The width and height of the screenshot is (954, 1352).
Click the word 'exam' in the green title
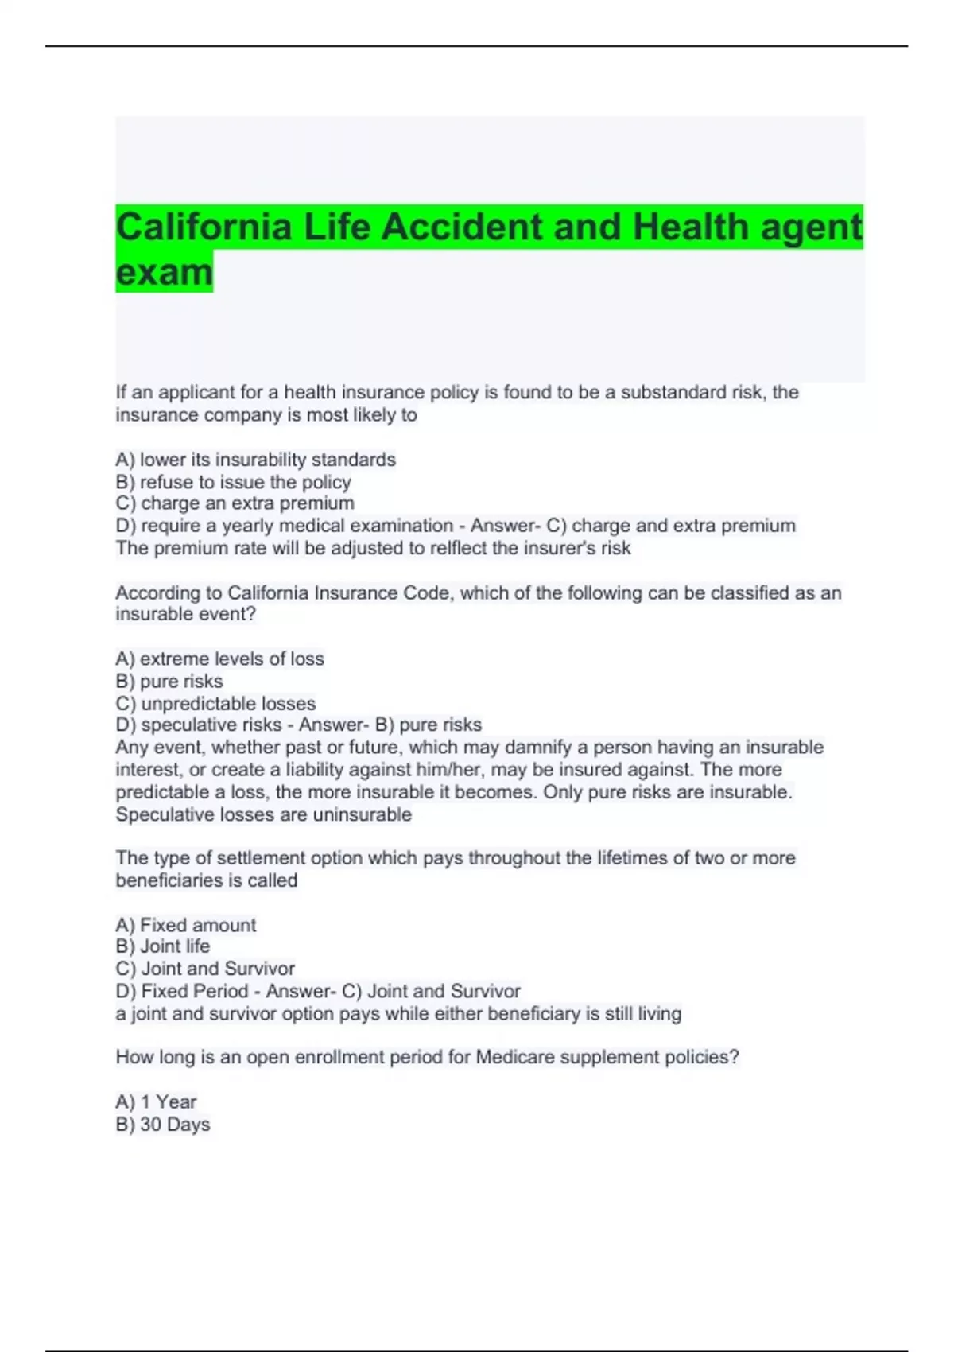[x=165, y=272]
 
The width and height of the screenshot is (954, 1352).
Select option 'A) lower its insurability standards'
[x=255, y=460]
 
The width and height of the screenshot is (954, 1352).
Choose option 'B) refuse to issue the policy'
[x=233, y=482]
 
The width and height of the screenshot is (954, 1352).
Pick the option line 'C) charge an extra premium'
[x=235, y=503]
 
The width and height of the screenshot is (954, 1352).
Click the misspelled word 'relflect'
[x=459, y=548]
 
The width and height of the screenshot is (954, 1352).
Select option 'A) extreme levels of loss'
[x=219, y=659]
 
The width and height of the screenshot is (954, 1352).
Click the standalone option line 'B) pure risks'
[x=169, y=682]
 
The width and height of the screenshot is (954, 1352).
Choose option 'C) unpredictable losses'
[x=215, y=704]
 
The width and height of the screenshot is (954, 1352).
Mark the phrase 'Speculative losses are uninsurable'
[x=263, y=814]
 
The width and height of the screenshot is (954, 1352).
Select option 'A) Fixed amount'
[x=186, y=925]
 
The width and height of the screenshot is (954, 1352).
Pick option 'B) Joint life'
[x=163, y=946]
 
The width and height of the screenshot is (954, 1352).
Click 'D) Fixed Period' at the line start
[x=182, y=991]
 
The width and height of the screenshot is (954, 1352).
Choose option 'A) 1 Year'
[x=156, y=1101]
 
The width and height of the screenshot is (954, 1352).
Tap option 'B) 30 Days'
[x=163, y=1125]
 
